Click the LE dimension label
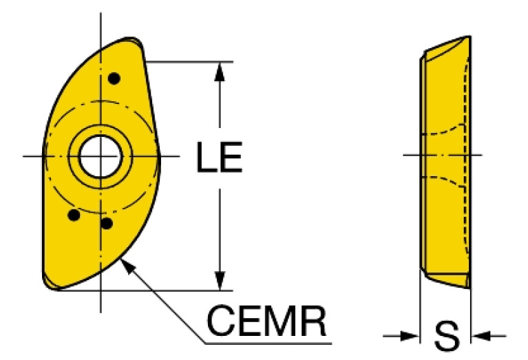(x=219, y=157)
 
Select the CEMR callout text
(x=266, y=321)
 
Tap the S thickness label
(x=447, y=336)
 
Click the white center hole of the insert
(x=101, y=156)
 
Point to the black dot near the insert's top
(x=114, y=78)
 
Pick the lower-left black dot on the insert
(x=74, y=215)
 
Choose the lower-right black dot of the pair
(x=107, y=223)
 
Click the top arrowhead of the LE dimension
(x=220, y=72)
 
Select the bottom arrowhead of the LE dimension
(x=220, y=281)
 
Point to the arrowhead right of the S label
(x=481, y=335)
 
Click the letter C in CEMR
(x=220, y=321)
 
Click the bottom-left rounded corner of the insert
(x=50, y=283)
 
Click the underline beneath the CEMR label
(x=268, y=344)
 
